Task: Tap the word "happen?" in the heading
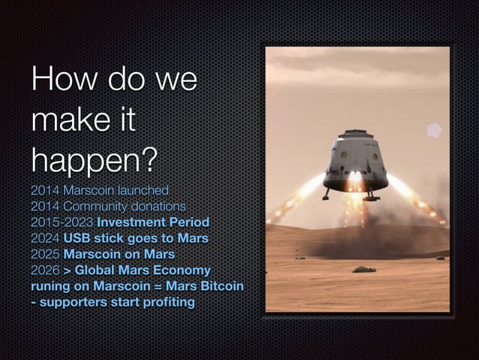click(94, 159)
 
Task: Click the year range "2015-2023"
click(62, 222)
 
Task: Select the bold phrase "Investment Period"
click(152, 222)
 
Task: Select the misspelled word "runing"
click(51, 286)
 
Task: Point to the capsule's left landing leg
click(327, 194)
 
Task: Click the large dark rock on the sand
click(363, 269)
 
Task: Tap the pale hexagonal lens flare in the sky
click(434, 130)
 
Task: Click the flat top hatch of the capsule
click(355, 134)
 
